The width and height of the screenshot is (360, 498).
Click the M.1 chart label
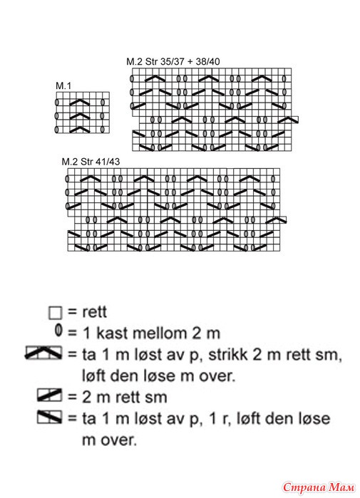click(x=63, y=85)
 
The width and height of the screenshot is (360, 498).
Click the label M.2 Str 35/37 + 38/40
click(x=173, y=61)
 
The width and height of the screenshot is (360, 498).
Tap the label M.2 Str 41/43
click(x=91, y=162)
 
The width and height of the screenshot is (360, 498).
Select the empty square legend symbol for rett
click(x=56, y=313)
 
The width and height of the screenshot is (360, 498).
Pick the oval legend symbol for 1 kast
click(x=58, y=331)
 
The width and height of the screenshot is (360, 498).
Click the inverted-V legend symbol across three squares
click(x=43, y=353)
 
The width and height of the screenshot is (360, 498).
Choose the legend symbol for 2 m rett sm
click(x=49, y=395)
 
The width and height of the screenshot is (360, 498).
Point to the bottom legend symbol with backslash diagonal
click(x=49, y=417)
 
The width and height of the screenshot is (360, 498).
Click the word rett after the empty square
click(x=94, y=312)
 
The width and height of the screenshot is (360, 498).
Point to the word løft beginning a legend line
click(x=93, y=375)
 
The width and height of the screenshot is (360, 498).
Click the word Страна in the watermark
click(x=304, y=487)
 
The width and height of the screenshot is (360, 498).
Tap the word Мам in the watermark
click(x=342, y=487)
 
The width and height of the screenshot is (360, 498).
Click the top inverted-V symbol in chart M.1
click(x=80, y=102)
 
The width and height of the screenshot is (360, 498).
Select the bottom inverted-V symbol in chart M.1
click(x=80, y=130)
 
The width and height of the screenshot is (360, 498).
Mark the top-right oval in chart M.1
click(x=103, y=103)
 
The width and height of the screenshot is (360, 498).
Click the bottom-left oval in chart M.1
click(x=57, y=130)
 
